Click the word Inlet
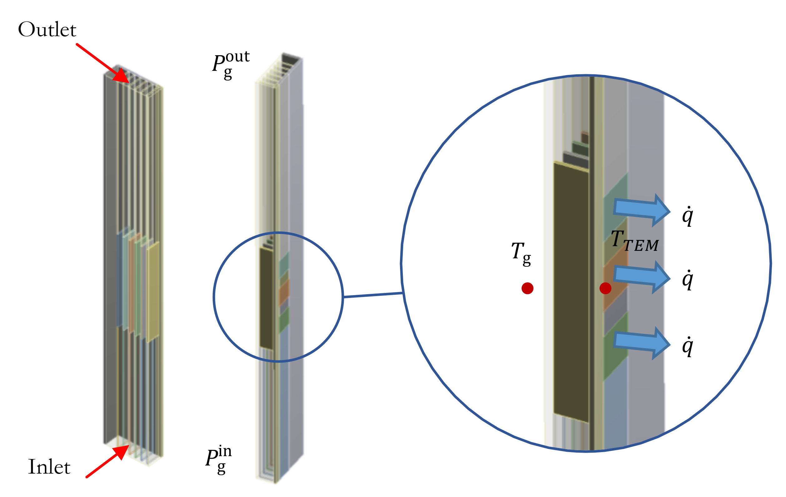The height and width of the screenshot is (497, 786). tap(49, 467)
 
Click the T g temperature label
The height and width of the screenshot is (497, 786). tap(521, 253)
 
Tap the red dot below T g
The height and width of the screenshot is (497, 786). tap(527, 288)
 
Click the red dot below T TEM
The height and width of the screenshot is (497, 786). tap(606, 288)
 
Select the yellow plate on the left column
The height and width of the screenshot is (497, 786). tap(153, 292)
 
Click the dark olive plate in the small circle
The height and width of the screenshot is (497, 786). tap(266, 298)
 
